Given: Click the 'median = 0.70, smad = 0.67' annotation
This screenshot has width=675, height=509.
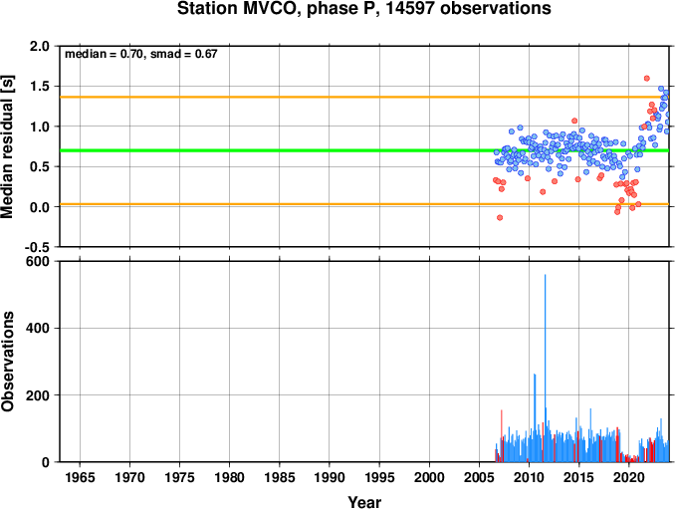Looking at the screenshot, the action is [140, 54].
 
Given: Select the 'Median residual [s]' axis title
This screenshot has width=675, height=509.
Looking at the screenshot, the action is [7, 146].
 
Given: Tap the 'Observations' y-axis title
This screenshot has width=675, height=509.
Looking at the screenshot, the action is [7, 362].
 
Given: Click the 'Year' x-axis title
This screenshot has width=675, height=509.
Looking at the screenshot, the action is [364, 502].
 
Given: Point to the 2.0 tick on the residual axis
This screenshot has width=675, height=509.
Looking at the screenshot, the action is [40, 46].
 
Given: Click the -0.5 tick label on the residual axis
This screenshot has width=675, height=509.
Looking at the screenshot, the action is [37, 247].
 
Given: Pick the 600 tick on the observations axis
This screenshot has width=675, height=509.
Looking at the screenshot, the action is [38, 261].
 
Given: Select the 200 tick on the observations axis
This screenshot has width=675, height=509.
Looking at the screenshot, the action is [38, 394].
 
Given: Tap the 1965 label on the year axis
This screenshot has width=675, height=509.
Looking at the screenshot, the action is [80, 477].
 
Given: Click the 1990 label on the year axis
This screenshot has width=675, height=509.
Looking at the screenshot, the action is [330, 477].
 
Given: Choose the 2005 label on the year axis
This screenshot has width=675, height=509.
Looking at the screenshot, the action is [479, 477].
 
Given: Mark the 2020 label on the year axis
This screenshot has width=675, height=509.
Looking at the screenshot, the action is [629, 477].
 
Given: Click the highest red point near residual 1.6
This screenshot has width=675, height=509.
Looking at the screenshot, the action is [646, 79].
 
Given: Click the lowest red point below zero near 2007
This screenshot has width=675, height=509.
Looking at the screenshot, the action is [500, 217].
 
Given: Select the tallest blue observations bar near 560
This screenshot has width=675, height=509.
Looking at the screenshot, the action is [545, 369].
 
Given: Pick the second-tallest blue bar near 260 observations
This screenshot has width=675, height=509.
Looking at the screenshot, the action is [535, 417].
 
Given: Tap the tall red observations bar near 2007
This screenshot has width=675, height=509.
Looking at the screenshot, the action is [502, 436].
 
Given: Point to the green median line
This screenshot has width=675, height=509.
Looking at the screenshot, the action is [364, 150].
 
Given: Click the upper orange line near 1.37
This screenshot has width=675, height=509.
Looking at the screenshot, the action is [364, 97].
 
